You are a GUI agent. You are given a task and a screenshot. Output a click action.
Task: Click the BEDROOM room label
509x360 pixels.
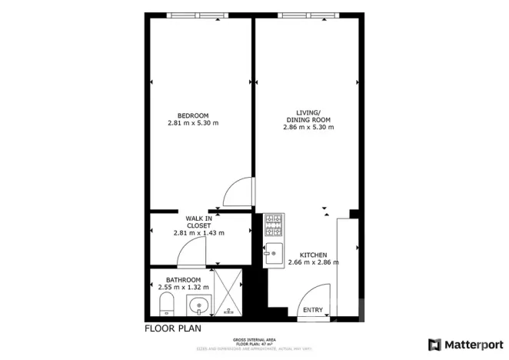click(x=193, y=115)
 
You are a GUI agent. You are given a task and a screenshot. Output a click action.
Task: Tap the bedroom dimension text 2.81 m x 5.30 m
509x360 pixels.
click(x=193, y=123)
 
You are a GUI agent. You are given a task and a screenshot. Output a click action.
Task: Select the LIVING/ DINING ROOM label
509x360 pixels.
click(x=308, y=115)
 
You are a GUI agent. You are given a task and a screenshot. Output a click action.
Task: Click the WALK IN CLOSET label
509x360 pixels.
click(x=198, y=222)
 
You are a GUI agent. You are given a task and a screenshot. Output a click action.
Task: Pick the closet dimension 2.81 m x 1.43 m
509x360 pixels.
click(x=198, y=232)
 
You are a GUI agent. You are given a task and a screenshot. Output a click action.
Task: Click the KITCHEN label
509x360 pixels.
click(x=314, y=255)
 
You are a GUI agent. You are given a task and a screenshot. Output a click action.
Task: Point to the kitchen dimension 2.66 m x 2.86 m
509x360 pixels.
click(x=314, y=263)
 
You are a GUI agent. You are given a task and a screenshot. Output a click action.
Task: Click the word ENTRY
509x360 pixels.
click(x=313, y=310)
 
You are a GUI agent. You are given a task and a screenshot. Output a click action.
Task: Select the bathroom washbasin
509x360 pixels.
click(x=199, y=305)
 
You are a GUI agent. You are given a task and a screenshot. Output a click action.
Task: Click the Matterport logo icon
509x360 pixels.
click(x=435, y=344)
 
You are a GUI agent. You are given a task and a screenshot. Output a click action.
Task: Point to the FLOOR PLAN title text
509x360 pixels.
click(x=173, y=328)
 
